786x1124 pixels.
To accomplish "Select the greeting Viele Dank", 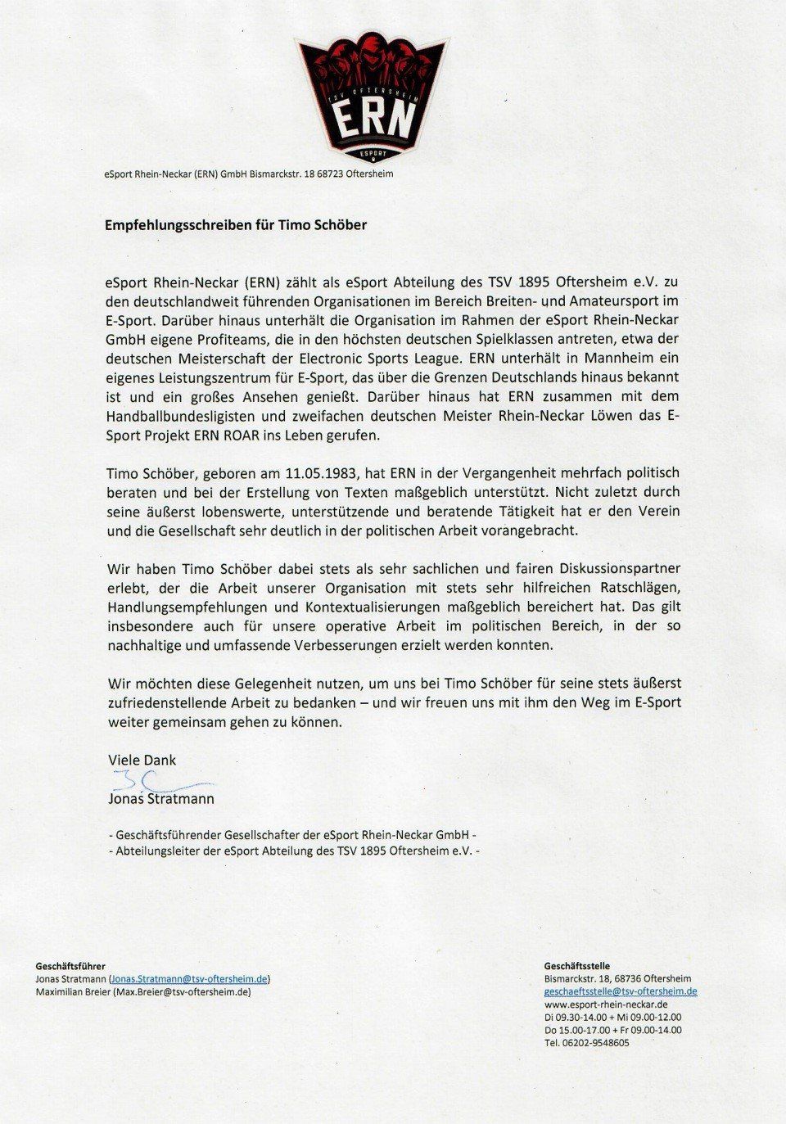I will pos(142,760).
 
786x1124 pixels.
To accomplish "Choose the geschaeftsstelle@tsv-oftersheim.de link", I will pos(620,991).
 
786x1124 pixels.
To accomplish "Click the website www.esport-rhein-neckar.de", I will pos(606,1004).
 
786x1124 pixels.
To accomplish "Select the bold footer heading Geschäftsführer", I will pos(70,967).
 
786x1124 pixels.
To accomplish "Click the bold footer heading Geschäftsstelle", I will pos(576,966).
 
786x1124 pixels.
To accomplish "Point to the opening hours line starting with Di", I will pos(612,1017).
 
